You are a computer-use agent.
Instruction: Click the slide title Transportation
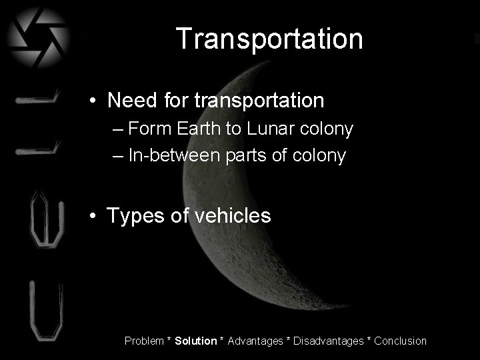pyautogui.click(x=270, y=39)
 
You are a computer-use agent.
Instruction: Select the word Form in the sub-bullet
pyautogui.click(x=149, y=129)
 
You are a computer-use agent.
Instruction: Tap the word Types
pyautogui.click(x=134, y=215)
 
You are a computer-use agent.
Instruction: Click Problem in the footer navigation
pyautogui.click(x=144, y=341)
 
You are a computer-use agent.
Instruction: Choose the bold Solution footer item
pyautogui.click(x=196, y=341)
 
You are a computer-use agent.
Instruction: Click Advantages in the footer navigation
pyautogui.click(x=255, y=341)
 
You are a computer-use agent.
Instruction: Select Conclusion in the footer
pyautogui.click(x=400, y=341)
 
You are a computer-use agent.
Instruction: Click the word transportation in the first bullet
pyautogui.click(x=259, y=101)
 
